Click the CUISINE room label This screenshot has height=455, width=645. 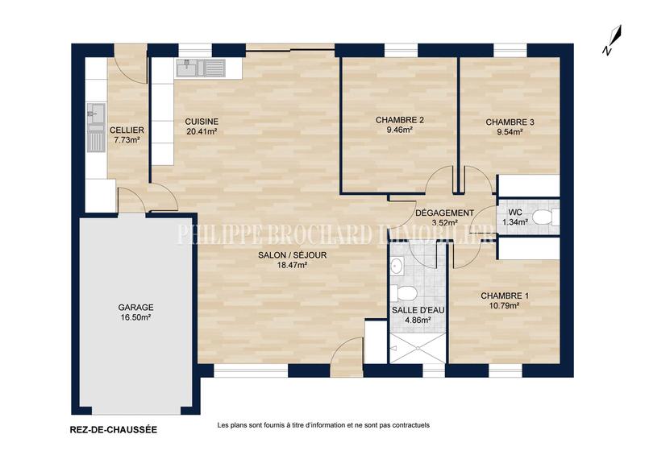[202, 121]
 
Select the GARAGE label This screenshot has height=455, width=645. [135, 308]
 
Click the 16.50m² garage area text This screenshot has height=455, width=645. [135, 317]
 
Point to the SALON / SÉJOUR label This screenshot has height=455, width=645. [292, 255]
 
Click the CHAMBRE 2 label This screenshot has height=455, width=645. [399, 120]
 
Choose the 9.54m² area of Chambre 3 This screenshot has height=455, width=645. [509, 132]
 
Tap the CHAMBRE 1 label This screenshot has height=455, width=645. [506, 296]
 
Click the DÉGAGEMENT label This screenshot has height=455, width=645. [444, 213]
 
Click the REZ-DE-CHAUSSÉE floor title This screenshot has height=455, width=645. [109, 430]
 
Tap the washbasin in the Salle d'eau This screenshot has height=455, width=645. [397, 265]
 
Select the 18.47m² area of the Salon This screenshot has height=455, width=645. [292, 265]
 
